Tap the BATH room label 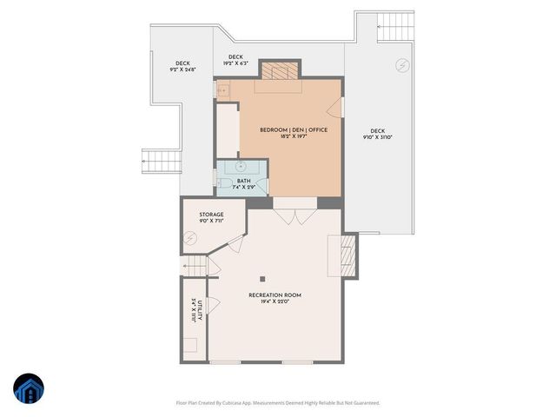click(x=243, y=182)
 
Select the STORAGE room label click(x=211, y=215)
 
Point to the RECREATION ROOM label click(x=275, y=295)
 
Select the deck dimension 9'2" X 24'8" click(x=182, y=68)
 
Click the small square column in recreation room click(x=261, y=279)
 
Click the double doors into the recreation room click(x=295, y=215)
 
